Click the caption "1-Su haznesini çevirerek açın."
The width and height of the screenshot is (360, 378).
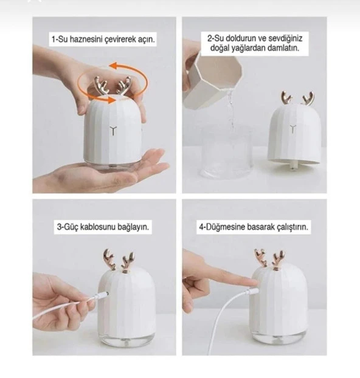(103, 40)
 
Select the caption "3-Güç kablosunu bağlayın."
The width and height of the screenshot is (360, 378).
(103, 227)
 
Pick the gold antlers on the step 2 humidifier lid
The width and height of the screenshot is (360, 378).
(297, 98)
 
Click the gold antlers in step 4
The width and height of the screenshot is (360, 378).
(269, 258)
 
